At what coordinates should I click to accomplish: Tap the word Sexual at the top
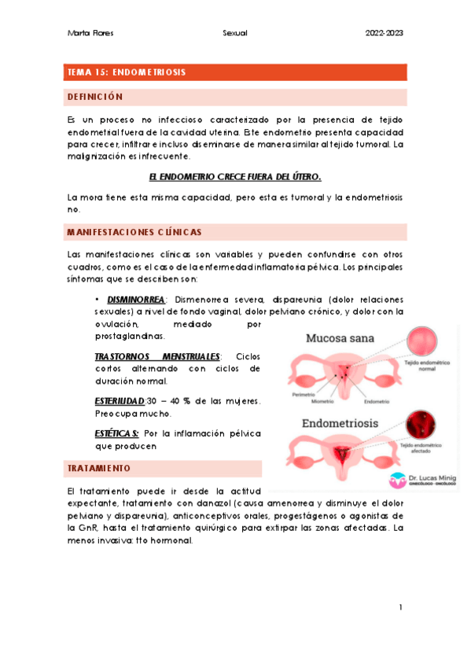tap(234, 33)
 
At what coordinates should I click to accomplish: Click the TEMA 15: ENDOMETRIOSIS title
tap(127, 72)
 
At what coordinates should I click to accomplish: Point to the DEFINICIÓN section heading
tap(96, 97)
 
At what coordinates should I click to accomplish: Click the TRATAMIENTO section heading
tap(99, 468)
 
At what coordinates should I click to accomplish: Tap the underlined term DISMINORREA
tap(135, 300)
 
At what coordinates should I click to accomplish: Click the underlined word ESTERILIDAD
tap(120, 401)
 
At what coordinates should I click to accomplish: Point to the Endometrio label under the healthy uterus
tap(377, 401)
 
